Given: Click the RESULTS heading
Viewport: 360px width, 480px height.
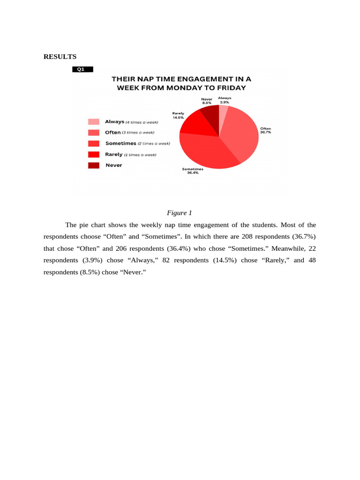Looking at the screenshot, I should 60,57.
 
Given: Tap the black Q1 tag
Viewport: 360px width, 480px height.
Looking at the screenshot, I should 82,69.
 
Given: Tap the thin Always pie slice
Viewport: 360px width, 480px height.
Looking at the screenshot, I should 223,113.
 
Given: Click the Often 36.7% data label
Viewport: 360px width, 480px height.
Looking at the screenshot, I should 265,130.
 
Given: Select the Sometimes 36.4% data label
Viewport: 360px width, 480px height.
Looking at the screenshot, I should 193,171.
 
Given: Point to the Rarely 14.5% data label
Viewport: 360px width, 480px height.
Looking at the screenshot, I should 178,115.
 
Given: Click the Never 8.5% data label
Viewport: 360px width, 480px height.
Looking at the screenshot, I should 207,101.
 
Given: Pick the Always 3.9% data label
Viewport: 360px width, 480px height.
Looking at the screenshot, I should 225,100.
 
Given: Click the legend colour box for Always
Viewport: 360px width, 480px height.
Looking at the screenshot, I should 94,122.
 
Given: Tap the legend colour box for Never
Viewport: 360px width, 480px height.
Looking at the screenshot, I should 94,165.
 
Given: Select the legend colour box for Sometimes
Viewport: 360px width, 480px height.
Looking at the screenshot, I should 94,143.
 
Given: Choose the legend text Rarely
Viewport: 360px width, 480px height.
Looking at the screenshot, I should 114,154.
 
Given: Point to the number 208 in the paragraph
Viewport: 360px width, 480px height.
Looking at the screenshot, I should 247,236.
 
